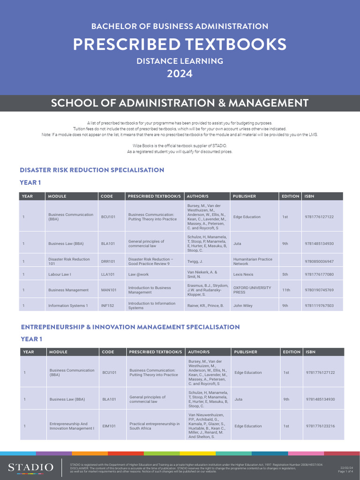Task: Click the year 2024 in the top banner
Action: click(180, 74)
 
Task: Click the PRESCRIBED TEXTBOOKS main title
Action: click(180, 44)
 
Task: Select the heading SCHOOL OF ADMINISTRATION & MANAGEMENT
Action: click(180, 103)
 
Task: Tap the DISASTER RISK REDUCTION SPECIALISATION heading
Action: click(92, 170)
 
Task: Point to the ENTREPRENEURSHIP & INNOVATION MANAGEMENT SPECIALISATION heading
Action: click(130, 327)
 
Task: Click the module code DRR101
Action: click(108, 262)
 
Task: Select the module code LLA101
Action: click(108, 275)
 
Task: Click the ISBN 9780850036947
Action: click(319, 262)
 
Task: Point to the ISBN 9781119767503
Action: click(319, 306)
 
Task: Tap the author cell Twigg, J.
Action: click(195, 262)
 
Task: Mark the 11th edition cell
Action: click(286, 290)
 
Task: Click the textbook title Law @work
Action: click(139, 275)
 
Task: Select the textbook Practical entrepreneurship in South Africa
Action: click(155, 426)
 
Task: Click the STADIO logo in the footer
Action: click(30, 467)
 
